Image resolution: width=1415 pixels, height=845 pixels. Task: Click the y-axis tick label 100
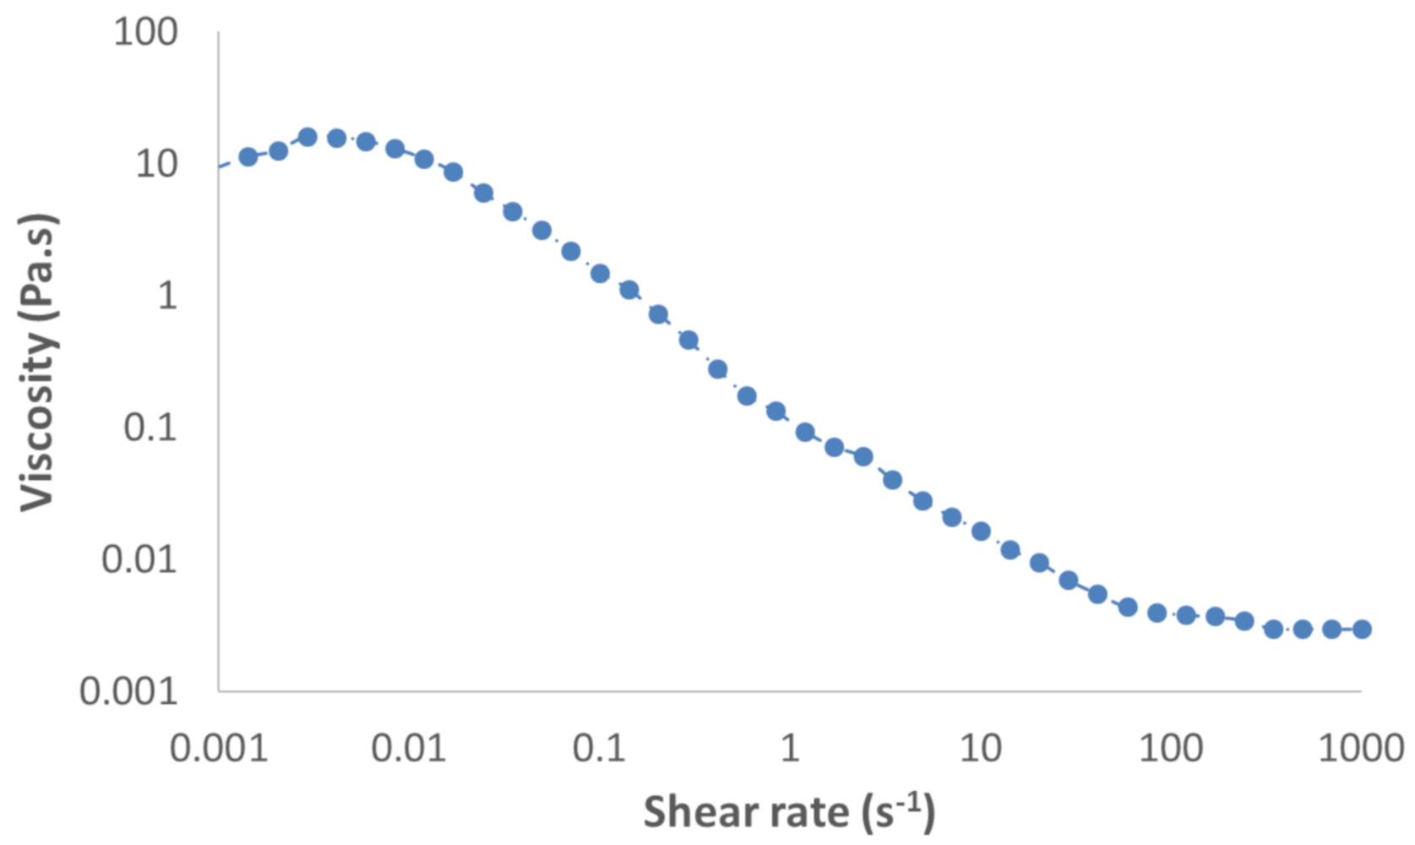(x=145, y=33)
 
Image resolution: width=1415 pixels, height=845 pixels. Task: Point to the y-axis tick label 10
(x=156, y=164)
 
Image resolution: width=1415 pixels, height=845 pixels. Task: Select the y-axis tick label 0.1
(x=150, y=428)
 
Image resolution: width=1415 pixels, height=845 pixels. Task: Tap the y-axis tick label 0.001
(x=128, y=691)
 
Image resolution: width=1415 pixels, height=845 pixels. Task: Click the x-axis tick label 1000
(x=1360, y=749)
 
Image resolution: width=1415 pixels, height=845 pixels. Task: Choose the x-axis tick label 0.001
(x=219, y=749)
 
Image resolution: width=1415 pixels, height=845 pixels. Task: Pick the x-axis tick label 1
(x=789, y=749)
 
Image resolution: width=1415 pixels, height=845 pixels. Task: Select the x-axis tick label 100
(x=1170, y=749)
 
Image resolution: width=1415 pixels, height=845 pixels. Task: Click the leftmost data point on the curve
(x=248, y=156)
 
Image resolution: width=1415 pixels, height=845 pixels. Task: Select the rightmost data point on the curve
(x=1362, y=629)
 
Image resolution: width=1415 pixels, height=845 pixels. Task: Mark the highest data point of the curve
(x=307, y=137)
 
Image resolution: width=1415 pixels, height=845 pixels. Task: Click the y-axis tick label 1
(x=167, y=296)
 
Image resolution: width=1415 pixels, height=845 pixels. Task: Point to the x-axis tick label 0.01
(x=408, y=749)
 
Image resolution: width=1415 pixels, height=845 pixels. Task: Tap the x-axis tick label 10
(x=980, y=749)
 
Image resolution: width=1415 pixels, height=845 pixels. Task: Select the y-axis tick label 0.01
(x=139, y=559)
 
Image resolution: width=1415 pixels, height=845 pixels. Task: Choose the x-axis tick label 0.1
(x=599, y=749)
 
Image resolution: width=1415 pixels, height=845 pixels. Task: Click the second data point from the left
(x=278, y=151)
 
